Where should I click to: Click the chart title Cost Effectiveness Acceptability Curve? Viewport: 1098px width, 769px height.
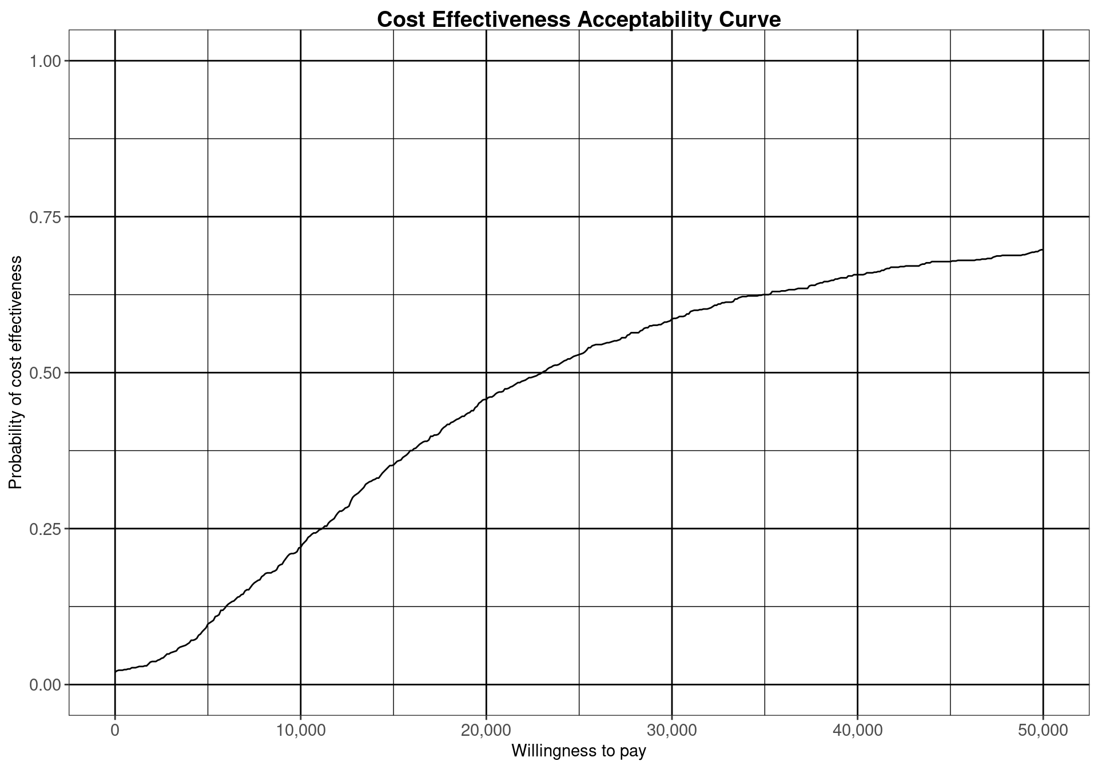(579, 19)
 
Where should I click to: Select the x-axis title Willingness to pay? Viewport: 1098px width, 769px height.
(579, 751)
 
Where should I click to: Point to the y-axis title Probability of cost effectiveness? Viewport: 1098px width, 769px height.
(15, 372)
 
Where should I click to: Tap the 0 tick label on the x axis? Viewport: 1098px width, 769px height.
(115, 731)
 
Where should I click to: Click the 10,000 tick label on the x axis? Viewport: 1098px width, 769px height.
(300, 731)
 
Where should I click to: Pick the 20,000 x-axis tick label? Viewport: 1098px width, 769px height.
(486, 731)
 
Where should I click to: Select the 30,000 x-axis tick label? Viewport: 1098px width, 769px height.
(672, 731)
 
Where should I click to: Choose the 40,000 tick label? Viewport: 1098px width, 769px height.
(857, 731)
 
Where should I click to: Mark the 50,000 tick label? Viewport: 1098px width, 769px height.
(1043, 731)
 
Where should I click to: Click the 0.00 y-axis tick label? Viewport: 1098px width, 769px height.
(45, 685)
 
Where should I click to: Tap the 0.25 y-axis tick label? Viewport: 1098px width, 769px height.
(45, 529)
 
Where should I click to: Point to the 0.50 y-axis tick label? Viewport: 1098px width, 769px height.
(45, 372)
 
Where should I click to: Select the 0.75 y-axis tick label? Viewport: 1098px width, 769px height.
(45, 217)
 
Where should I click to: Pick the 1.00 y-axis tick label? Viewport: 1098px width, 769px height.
(45, 61)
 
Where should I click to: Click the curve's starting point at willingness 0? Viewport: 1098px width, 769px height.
(116, 671)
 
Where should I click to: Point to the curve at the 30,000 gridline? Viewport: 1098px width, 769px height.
(672, 320)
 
